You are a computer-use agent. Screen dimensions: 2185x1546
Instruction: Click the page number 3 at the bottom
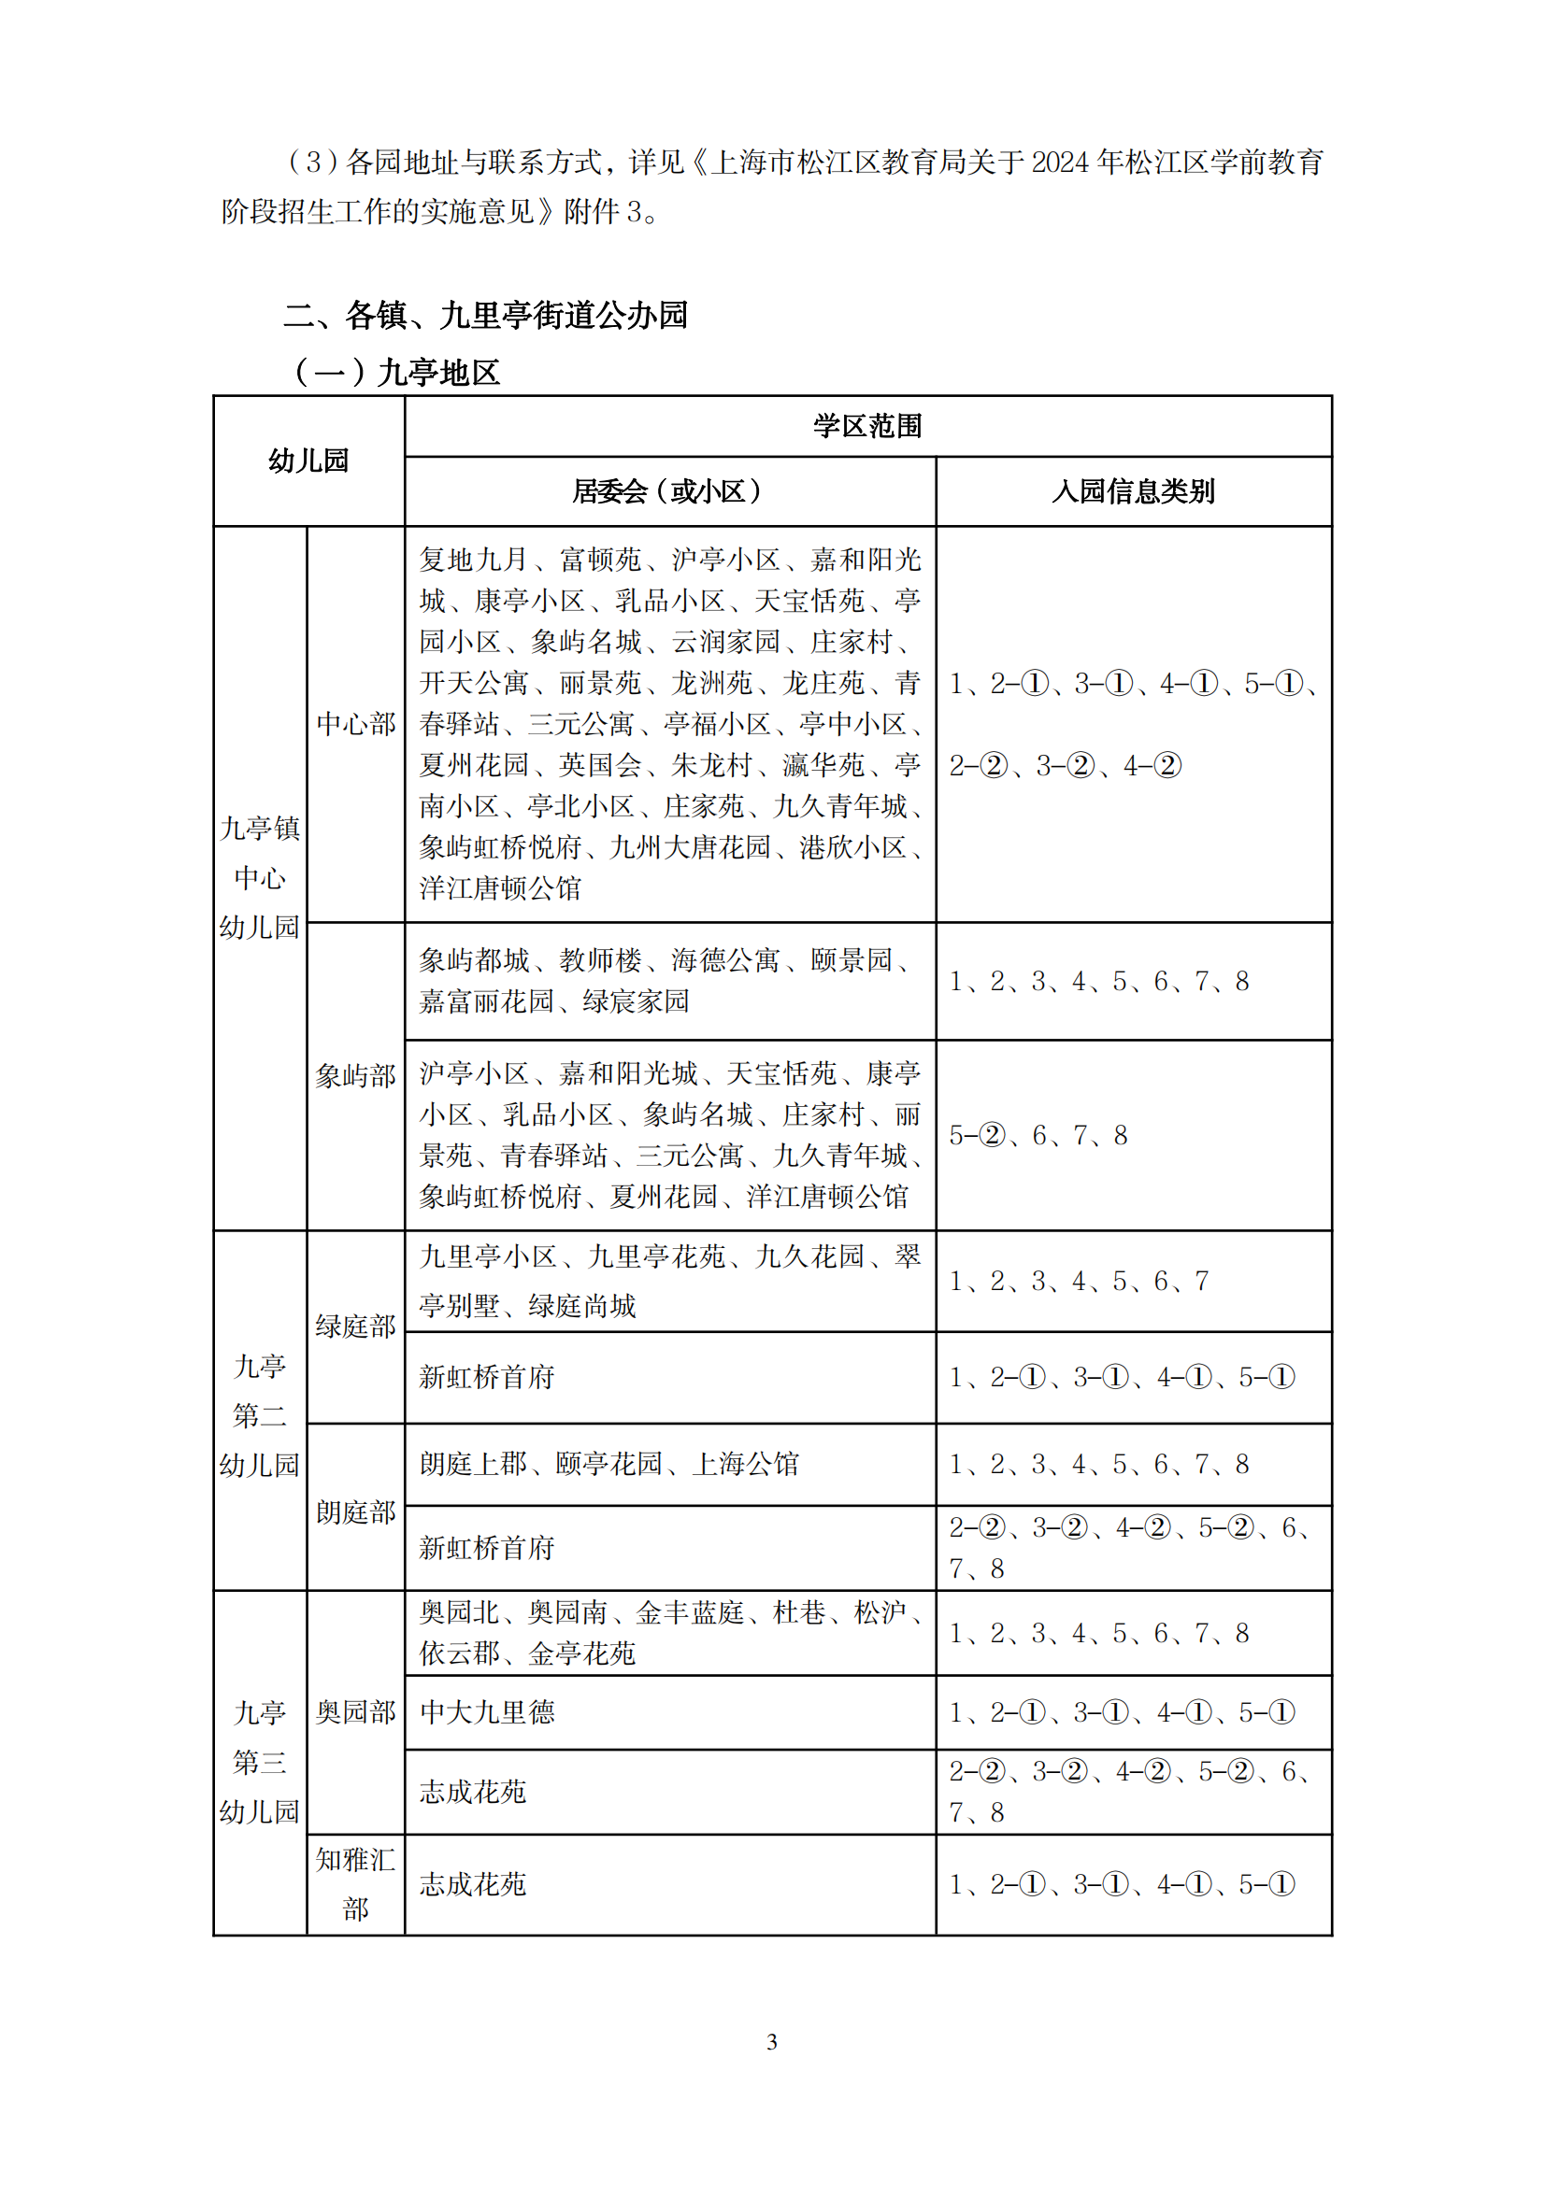coord(771,2041)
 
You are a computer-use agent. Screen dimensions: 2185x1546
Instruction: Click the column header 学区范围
coord(867,425)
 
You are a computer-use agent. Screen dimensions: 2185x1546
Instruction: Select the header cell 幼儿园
coord(308,461)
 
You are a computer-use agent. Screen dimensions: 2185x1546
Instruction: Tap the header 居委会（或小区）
coord(669,491)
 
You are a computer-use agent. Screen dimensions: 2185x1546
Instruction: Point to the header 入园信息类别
coord(1133,491)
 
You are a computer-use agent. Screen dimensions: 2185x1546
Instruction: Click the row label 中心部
coord(356,723)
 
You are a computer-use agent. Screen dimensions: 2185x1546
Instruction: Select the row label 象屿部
coord(356,1075)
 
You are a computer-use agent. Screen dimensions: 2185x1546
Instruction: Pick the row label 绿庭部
coord(356,1326)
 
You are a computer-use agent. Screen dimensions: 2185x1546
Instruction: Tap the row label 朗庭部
coord(356,1511)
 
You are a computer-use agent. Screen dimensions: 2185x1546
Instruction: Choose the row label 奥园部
coord(356,1711)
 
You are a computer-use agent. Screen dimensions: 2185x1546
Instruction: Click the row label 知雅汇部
coord(356,1883)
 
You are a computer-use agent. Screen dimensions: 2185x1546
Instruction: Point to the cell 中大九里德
coord(487,1712)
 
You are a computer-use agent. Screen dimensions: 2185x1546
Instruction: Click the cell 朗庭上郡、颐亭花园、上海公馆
coord(609,1463)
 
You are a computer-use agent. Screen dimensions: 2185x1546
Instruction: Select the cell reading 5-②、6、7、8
coord(1038,1134)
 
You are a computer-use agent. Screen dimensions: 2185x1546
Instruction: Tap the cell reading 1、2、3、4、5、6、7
coord(1079,1280)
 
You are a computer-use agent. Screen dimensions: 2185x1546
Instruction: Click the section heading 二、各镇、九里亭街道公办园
coord(485,315)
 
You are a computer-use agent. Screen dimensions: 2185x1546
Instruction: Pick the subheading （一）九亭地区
coord(396,372)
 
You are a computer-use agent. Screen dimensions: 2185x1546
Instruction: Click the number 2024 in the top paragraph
coord(1060,163)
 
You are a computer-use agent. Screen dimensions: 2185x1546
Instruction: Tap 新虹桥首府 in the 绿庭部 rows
coord(487,1376)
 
